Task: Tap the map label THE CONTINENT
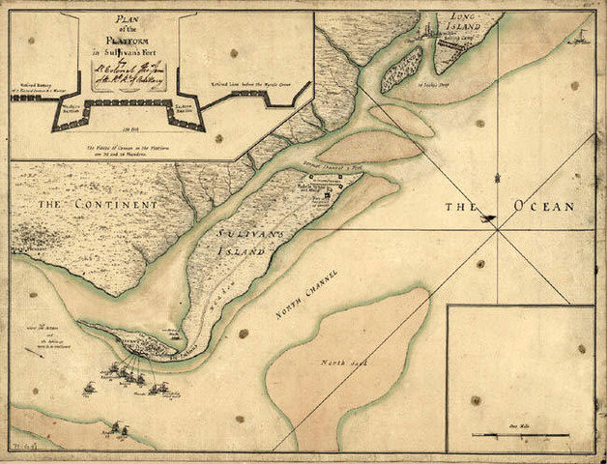[x=85, y=206]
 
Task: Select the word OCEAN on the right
[x=544, y=207]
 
